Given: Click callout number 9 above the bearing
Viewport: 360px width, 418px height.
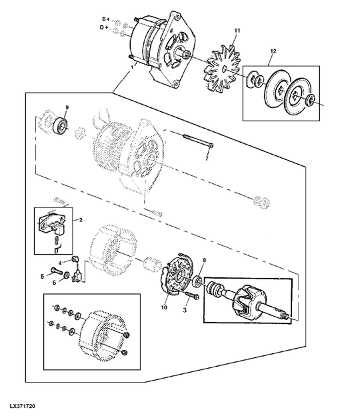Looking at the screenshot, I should coord(66,108).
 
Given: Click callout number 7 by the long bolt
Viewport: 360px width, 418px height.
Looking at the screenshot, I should coord(206,159).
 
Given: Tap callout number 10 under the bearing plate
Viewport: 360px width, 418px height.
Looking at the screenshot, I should coord(163,307).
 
